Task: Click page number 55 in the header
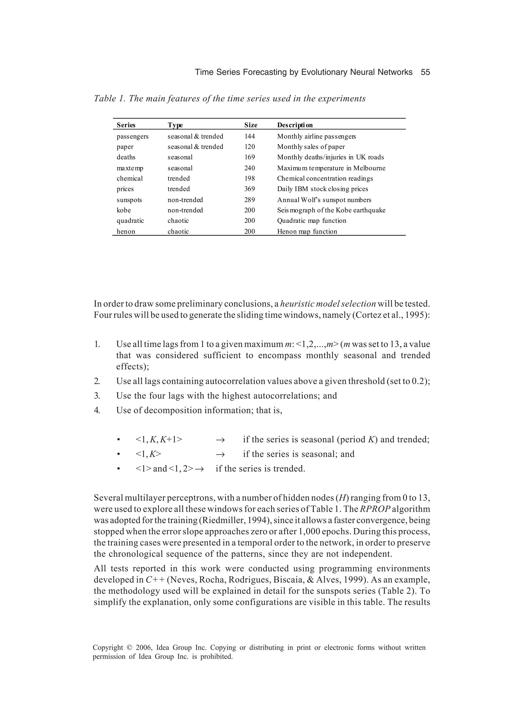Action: point(425,72)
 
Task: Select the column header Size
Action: point(251,125)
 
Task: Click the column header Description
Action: point(295,125)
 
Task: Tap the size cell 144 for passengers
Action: point(250,136)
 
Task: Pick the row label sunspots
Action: point(129,200)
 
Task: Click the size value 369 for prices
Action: point(250,189)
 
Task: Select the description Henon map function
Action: point(307,231)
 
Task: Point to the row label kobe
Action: point(124,210)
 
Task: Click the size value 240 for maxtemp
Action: point(250,168)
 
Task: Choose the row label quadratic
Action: point(130,221)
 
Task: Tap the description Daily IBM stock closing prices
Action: point(323,189)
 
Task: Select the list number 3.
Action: point(97,396)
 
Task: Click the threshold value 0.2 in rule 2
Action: point(419,381)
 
